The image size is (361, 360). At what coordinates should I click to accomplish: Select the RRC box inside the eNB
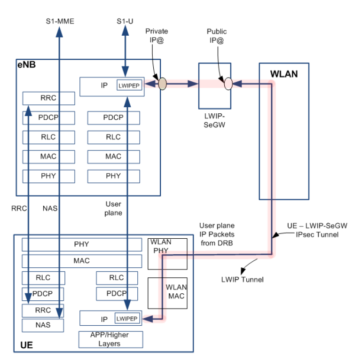click(x=48, y=98)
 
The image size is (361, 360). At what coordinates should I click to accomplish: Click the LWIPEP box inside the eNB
click(x=130, y=85)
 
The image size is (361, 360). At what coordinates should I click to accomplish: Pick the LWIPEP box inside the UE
click(x=128, y=319)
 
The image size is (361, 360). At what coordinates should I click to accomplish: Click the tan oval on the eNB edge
click(x=162, y=84)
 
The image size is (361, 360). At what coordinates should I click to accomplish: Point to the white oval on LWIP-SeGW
click(x=228, y=84)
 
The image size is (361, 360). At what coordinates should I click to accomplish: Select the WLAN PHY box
click(x=167, y=253)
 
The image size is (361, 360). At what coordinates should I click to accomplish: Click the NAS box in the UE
click(x=43, y=324)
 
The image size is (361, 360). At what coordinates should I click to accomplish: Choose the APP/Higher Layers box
click(x=110, y=339)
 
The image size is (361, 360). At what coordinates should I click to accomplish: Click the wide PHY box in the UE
click(x=82, y=244)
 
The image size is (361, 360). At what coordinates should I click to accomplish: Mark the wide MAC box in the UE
click(x=82, y=260)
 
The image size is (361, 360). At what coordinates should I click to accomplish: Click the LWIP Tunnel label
click(x=242, y=280)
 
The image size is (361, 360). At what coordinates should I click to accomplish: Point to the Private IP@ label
click(x=157, y=35)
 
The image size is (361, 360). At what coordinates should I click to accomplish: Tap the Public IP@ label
click(x=217, y=35)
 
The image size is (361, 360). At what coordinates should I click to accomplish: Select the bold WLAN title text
click(x=283, y=74)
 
